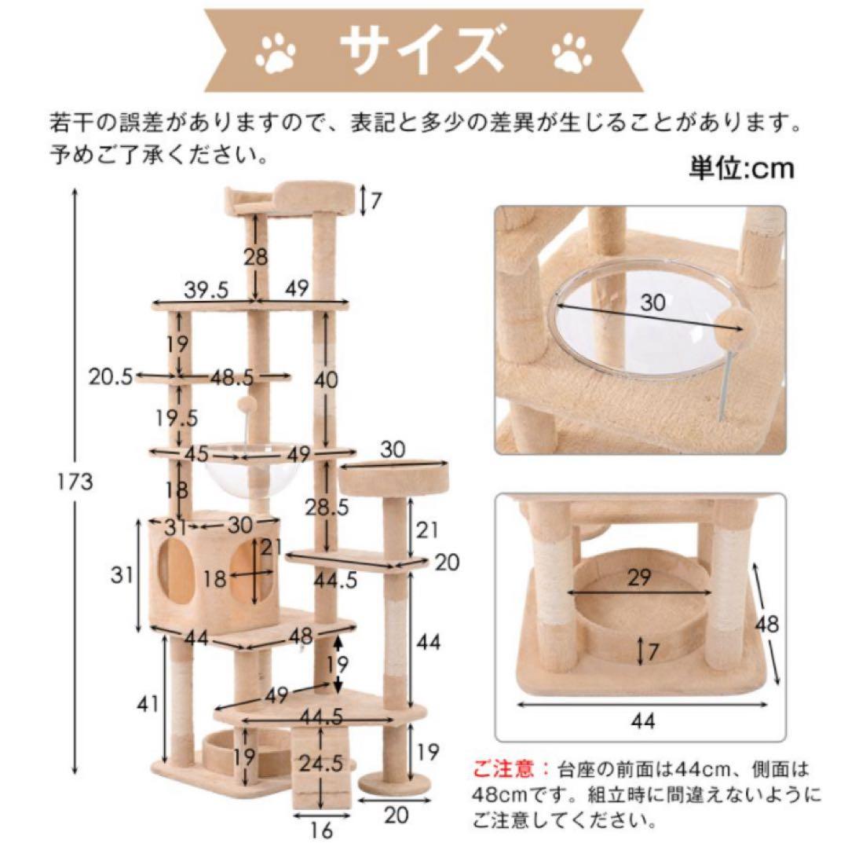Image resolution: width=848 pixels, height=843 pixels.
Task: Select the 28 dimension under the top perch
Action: [x=256, y=256]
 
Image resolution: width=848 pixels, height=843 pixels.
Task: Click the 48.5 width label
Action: [x=232, y=378]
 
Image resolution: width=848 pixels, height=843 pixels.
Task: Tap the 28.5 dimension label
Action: [x=349, y=506]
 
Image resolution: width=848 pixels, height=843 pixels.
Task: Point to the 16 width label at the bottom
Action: [x=321, y=828]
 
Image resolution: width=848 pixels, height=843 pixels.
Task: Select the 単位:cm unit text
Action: [x=741, y=168]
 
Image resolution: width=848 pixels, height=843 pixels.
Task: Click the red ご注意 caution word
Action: [x=502, y=767]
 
